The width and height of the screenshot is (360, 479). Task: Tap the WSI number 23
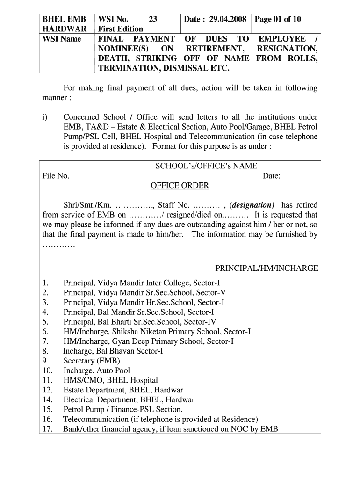click(x=152, y=19)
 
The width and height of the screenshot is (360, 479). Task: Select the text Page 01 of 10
click(x=277, y=19)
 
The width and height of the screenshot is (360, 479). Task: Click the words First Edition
click(x=121, y=29)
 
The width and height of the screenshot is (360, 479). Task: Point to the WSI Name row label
click(x=62, y=39)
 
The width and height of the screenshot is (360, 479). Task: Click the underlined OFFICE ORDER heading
click(x=180, y=186)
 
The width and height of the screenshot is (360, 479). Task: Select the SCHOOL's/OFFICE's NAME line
click(x=206, y=166)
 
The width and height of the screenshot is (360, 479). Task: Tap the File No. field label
click(x=56, y=176)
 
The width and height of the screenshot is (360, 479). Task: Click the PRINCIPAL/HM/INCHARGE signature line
click(x=266, y=268)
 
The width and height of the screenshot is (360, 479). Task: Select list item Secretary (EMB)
click(x=92, y=361)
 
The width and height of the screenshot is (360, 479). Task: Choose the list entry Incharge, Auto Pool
click(x=97, y=370)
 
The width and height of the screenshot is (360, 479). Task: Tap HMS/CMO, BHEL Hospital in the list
click(x=111, y=380)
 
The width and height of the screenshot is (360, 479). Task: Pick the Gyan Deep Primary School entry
click(x=149, y=341)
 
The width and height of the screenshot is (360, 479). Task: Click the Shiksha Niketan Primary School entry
click(x=157, y=331)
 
